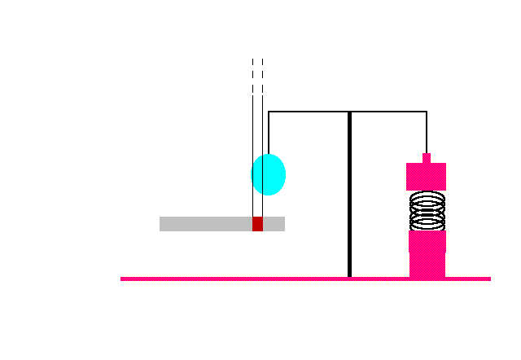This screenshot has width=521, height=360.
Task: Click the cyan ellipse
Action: pos(269,174)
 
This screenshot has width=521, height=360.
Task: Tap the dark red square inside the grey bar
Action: pos(257,224)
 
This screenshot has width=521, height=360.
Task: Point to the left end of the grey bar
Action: pos(161,224)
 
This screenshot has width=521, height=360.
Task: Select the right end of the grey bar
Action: pos(283,224)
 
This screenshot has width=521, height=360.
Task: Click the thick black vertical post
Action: pos(349,195)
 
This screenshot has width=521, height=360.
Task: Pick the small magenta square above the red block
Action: pos(427,158)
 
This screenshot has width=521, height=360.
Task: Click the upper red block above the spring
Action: pos(427,177)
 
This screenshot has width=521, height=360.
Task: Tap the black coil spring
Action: pos(427,211)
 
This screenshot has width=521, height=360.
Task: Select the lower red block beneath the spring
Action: pos(427,254)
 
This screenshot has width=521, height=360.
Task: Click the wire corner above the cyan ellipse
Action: pos(269,112)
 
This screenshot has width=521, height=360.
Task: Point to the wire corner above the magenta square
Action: pos(427,112)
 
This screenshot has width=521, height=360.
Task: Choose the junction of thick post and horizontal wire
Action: pos(349,112)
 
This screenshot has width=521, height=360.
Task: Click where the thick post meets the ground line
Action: pos(349,278)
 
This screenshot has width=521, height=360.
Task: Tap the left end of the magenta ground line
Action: pos(122,279)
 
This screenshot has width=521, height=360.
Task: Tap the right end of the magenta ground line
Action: pos(489,279)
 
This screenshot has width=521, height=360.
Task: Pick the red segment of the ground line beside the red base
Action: pos(397,279)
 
